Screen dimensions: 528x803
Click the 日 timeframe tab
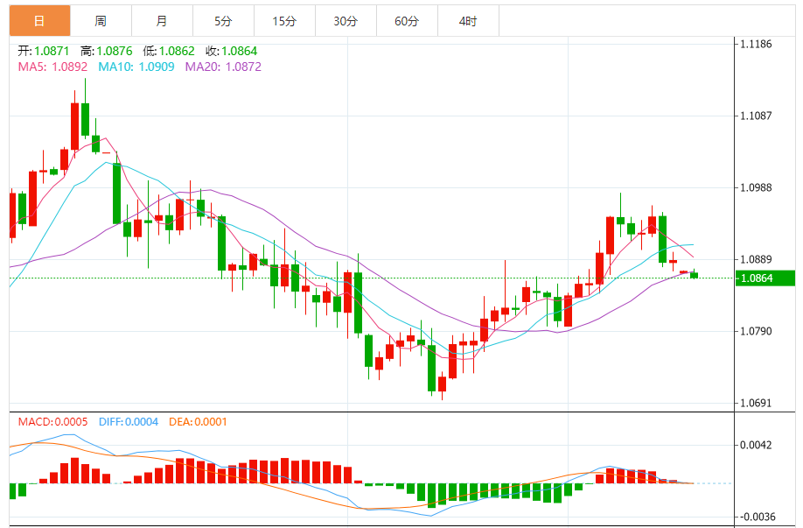click(x=39, y=20)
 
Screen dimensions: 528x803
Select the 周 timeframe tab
click(x=101, y=20)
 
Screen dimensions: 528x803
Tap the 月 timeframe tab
click(x=162, y=20)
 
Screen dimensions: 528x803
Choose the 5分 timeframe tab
click(x=223, y=20)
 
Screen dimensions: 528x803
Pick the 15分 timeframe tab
click(x=284, y=20)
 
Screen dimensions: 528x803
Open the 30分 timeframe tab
click(x=346, y=20)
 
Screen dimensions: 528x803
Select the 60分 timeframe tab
click(x=407, y=20)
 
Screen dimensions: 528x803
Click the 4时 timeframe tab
click(x=467, y=20)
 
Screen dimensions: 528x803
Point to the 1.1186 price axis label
click(x=756, y=43)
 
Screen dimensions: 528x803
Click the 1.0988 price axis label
click(x=756, y=187)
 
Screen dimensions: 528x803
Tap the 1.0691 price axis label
click(x=756, y=404)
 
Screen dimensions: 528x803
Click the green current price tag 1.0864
click(x=763, y=278)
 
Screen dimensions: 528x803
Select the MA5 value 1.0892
click(x=69, y=67)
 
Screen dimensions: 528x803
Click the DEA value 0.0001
click(x=210, y=422)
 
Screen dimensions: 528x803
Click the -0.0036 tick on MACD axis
click(x=755, y=517)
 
